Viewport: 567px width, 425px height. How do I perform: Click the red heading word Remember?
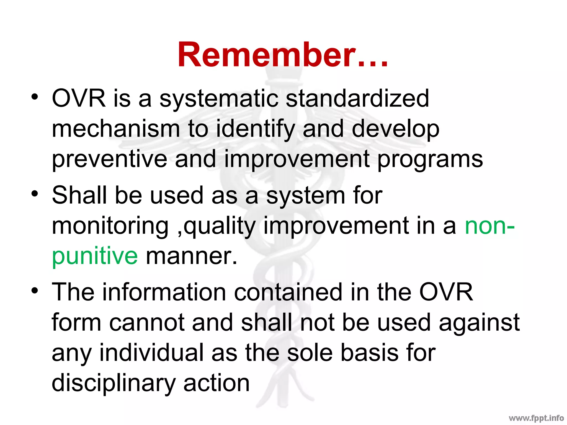[x=282, y=55]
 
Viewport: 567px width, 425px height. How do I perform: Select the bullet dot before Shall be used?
[x=34, y=193]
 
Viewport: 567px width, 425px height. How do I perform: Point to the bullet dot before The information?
[x=34, y=291]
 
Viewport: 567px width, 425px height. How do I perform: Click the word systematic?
[x=219, y=99]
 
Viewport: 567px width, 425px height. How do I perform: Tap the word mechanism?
[x=116, y=129]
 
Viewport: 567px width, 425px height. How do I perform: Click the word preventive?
[x=109, y=160]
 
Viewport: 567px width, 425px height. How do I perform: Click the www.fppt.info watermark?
[x=536, y=418]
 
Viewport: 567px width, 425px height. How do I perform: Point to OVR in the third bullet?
[x=446, y=292]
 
